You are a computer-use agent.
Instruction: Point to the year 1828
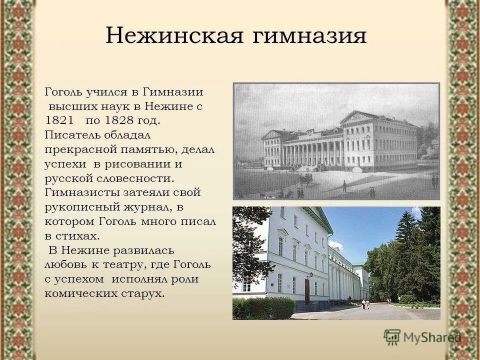[x=122, y=120]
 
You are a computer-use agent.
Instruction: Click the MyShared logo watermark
[x=422, y=338]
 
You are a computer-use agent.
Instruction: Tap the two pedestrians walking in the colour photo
[x=366, y=304]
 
